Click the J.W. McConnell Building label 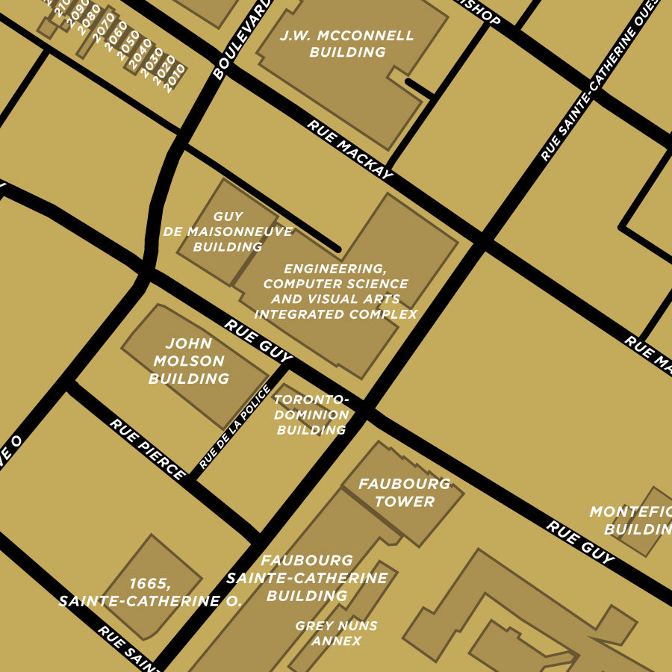pos(347,44)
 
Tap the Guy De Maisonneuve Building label pos(228,231)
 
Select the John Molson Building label pos(188,361)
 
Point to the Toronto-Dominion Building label pos(311,414)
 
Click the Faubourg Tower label pos(404,493)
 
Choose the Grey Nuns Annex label pos(336,633)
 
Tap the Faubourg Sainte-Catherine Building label pos(307,578)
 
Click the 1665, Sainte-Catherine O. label pos(150,592)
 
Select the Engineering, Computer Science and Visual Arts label pos(336,291)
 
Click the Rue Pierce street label pos(147,449)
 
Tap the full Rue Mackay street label pos(349,149)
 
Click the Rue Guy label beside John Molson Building pos(258,338)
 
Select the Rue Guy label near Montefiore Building pos(580,542)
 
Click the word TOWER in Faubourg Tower pos(404,502)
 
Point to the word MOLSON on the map pos(188,361)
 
